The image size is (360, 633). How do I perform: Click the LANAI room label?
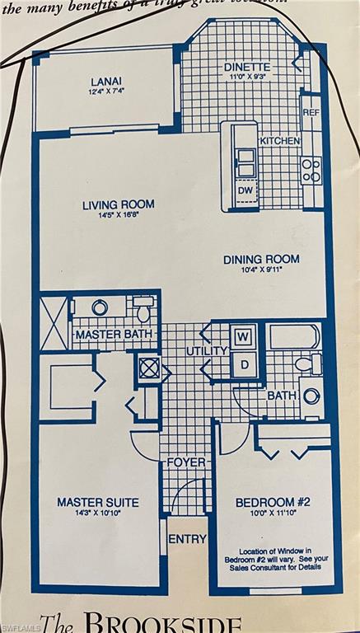click(106, 81)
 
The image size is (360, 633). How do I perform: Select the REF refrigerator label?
click(311, 112)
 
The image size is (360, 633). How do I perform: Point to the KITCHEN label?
click(280, 142)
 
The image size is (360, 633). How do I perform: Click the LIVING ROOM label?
click(118, 204)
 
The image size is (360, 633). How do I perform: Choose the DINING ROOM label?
click(261, 260)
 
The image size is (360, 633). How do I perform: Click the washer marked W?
click(244, 337)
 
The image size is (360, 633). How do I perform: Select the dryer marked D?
click(244, 363)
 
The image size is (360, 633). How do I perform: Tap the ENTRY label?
click(187, 539)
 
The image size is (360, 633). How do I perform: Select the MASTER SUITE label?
click(97, 501)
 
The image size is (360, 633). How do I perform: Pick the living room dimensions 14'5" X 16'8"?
click(118, 217)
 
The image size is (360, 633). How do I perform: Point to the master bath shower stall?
click(54, 325)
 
